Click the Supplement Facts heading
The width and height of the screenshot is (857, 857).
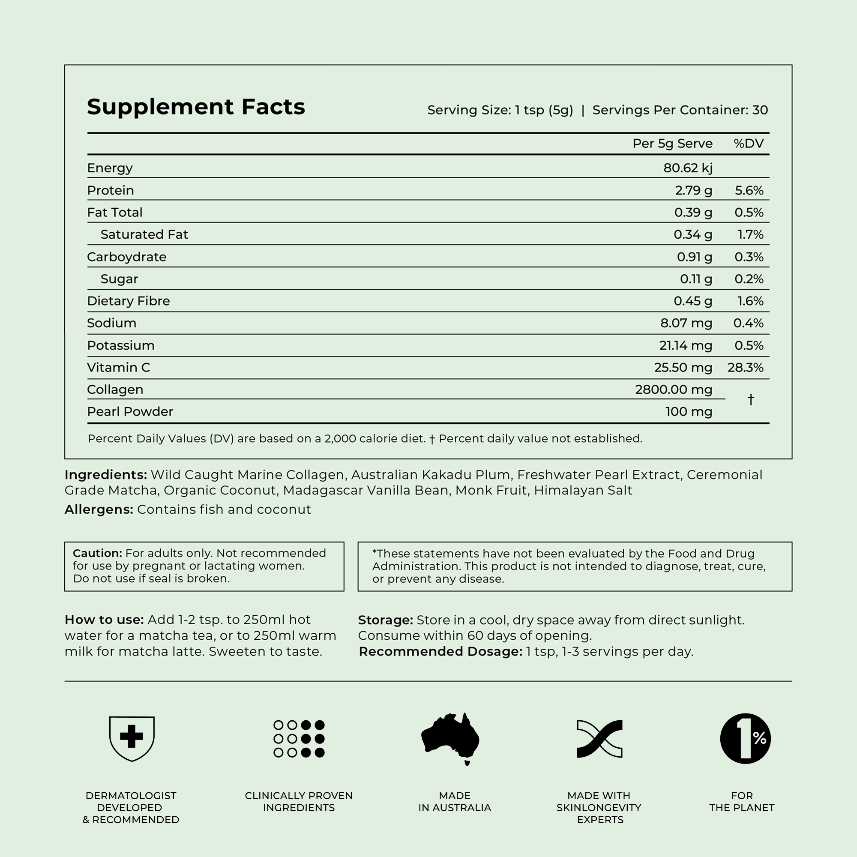click(196, 107)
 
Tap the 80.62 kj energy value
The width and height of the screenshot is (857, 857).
click(688, 168)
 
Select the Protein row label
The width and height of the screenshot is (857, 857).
click(110, 190)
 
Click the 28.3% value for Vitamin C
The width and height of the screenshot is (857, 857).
click(745, 367)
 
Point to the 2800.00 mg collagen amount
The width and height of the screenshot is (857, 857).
click(673, 390)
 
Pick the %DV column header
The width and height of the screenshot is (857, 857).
click(748, 143)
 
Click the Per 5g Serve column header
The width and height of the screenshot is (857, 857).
click(672, 143)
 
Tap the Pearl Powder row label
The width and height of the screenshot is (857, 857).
click(130, 412)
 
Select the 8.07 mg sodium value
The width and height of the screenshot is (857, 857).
click(686, 323)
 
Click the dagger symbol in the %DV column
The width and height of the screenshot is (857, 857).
click(750, 400)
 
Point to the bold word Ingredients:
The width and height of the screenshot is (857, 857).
click(105, 475)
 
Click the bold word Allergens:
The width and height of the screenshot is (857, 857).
click(99, 509)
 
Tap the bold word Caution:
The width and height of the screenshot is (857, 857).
click(97, 553)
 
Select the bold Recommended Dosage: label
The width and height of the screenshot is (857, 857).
click(440, 651)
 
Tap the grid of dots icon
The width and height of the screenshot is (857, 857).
click(299, 739)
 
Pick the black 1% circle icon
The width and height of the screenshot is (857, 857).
click(745, 739)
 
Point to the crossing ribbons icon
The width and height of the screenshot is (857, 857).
click(599, 739)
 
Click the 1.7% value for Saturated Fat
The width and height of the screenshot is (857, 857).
click(750, 234)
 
